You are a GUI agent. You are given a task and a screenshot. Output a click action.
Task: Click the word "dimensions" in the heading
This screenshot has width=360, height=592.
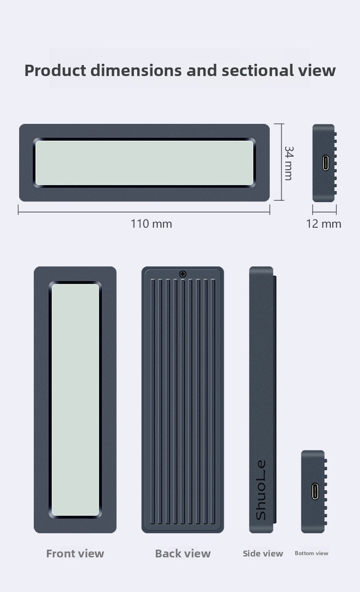tap(136, 71)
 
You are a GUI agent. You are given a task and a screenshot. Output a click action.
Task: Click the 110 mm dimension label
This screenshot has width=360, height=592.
tap(151, 224)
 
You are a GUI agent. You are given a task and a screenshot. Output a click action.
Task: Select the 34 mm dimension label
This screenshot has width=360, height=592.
tap(288, 163)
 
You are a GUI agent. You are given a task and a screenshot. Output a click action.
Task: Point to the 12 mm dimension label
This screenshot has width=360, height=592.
tap(324, 224)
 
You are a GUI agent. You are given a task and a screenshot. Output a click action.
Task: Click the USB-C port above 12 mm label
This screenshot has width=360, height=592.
tap(326, 163)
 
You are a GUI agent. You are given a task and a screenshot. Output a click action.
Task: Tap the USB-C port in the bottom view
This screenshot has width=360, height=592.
tap(315, 491)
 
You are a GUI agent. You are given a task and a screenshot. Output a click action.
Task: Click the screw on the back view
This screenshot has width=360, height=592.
tap(183, 274)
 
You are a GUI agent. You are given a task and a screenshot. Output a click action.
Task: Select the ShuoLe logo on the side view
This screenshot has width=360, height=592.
tap(261, 490)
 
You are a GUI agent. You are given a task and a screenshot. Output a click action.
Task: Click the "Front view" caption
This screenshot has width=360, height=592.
tap(75, 554)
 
